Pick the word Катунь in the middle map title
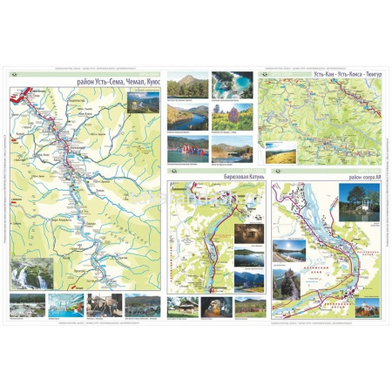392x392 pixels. (x=241, y=177)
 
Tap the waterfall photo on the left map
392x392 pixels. (x=32, y=274)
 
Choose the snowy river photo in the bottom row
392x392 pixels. (x=27, y=305)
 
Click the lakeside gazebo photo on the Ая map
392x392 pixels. (x=359, y=201)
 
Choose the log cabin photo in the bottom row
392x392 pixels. (x=183, y=307)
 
